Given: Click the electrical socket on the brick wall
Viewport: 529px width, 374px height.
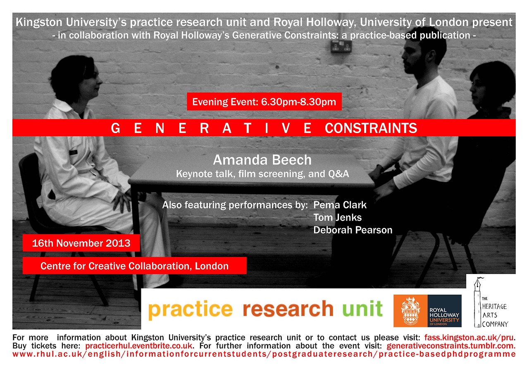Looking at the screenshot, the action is [341, 46].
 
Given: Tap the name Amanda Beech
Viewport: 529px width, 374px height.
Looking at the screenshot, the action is [262, 160].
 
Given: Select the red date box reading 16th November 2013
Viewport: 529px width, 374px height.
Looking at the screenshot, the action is [81, 243].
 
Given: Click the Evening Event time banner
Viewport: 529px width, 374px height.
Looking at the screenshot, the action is [264, 102].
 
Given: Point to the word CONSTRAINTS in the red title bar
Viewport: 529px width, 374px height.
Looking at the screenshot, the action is [371, 128].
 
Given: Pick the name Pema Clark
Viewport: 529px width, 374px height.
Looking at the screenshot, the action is [340, 205].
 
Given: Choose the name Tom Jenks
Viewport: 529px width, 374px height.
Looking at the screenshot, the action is [338, 217].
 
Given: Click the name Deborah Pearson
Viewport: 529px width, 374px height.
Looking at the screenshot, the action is [353, 230].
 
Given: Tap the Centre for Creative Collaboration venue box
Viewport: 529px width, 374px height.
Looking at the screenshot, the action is [135, 266].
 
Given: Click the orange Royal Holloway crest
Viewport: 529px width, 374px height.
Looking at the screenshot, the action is [410, 311].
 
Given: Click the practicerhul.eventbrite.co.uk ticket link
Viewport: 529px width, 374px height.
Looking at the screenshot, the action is [139, 346].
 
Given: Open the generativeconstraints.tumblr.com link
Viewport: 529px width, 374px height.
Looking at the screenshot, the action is [451, 346].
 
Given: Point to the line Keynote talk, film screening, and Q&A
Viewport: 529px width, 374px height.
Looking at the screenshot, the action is [262, 174].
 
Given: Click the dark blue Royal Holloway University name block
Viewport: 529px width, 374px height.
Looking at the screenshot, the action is [444, 311].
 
